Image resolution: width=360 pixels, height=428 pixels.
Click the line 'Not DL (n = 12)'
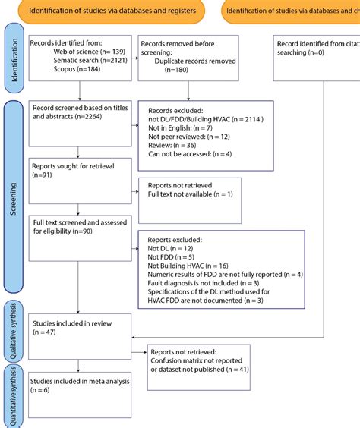pyautogui.click(x=169, y=248)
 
